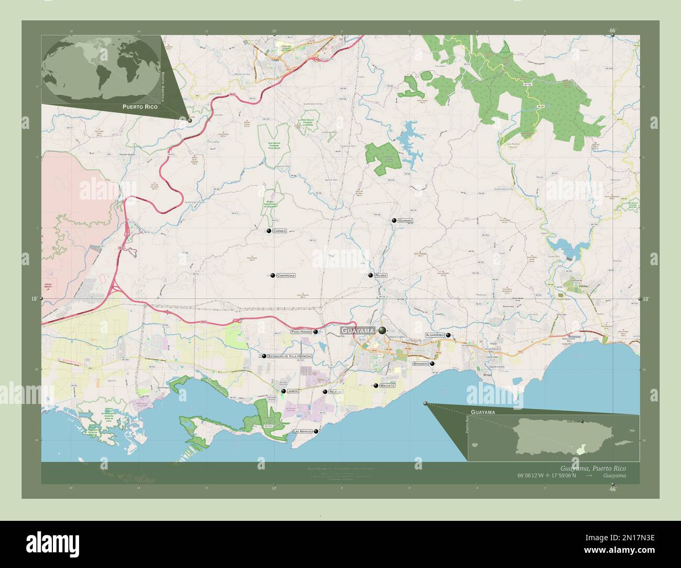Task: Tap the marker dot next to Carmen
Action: point(269,231)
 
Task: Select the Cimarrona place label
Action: point(285,275)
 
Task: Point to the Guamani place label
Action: point(405,221)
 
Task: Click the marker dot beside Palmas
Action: point(370,275)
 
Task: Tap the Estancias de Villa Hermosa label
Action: point(290,356)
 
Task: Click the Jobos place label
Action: point(293,391)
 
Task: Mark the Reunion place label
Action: point(335,392)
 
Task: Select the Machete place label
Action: point(388,386)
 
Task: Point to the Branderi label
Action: point(421,363)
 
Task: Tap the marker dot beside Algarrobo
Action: point(448,335)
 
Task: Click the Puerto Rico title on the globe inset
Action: point(140,106)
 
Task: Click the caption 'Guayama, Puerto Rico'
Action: point(592,467)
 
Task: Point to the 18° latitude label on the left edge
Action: point(34,299)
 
